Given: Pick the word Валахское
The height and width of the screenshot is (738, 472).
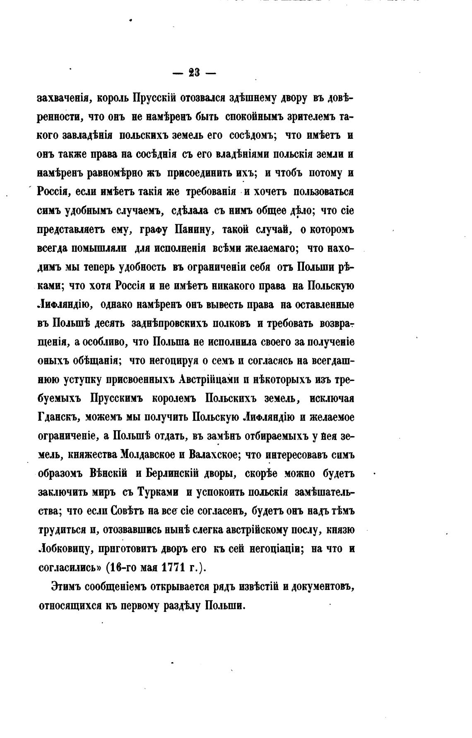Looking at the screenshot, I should pyautogui.click(x=212, y=454).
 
